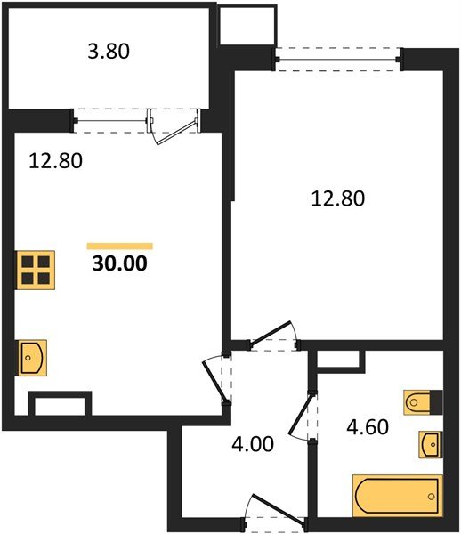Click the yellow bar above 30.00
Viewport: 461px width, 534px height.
(x=120, y=246)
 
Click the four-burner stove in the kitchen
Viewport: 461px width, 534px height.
(x=36, y=270)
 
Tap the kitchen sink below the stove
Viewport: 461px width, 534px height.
(x=32, y=359)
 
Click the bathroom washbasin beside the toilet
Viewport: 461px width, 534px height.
(x=430, y=442)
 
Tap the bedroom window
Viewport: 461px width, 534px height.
(x=336, y=61)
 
